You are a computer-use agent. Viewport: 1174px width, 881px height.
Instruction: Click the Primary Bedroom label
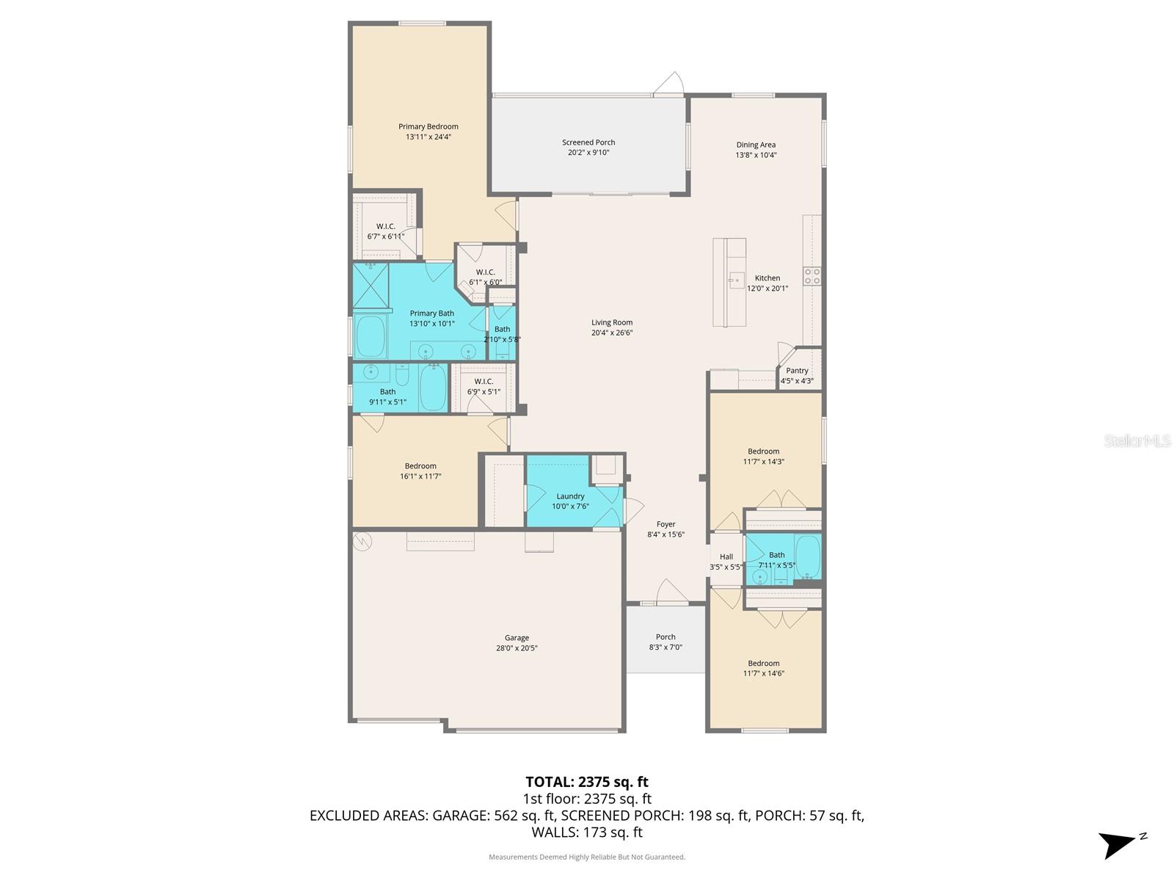coord(428,126)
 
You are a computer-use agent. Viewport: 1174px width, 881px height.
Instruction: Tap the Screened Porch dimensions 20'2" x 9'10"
coord(588,153)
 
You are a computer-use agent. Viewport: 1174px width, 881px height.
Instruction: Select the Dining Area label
coord(756,145)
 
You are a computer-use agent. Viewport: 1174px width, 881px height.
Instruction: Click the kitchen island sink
coord(736,280)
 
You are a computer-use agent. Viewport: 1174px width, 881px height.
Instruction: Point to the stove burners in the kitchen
coord(812,276)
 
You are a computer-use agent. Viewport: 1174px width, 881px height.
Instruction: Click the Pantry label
coord(797,371)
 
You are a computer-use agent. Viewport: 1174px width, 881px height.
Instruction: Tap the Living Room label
coord(612,322)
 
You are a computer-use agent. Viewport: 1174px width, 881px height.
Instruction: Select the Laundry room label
coord(570,496)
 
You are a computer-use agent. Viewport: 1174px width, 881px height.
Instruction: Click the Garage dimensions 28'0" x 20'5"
coord(517,648)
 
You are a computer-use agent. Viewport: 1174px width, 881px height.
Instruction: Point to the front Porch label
coord(666,637)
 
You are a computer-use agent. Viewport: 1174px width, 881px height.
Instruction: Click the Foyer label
coord(666,524)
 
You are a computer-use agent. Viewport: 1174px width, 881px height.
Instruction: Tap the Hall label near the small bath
coord(726,556)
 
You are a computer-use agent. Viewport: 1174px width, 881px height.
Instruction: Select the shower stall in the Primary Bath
coord(371,285)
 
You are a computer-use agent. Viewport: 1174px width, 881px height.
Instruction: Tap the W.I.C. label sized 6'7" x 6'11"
coord(385,226)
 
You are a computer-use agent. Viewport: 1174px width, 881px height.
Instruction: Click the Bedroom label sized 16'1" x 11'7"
coord(420,465)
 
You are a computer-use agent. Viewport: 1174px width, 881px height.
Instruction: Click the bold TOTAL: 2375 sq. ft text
coord(587,782)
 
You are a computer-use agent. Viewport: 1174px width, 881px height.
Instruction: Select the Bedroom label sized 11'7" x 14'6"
coord(763,663)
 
